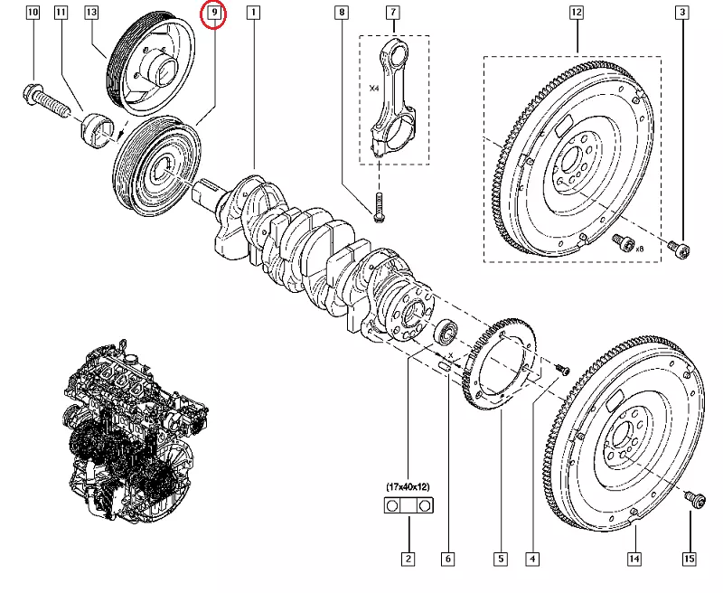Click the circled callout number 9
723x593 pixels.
(x=214, y=14)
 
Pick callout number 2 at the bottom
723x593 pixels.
(x=408, y=560)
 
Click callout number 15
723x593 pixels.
(x=690, y=560)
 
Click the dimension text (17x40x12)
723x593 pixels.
(x=408, y=488)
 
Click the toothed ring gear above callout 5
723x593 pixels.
(x=500, y=365)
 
